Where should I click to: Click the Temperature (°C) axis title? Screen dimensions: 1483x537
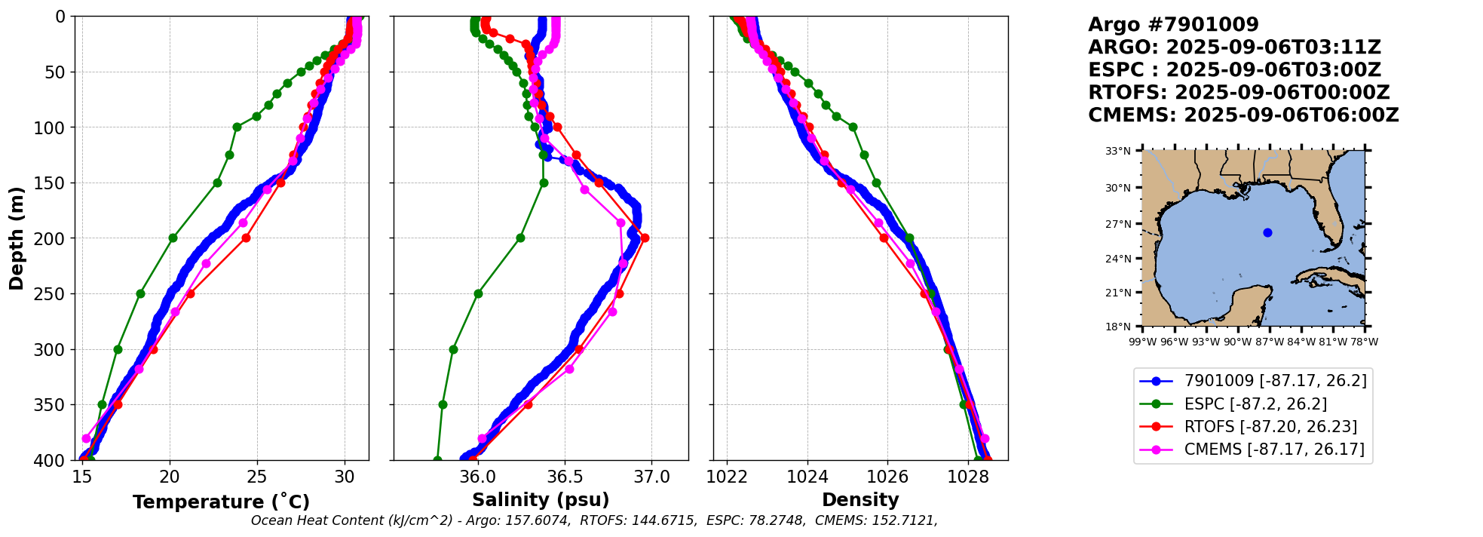(221, 502)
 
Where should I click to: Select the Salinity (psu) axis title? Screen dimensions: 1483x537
(541, 500)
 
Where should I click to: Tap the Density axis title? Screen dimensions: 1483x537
(860, 500)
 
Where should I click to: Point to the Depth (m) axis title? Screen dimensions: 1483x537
(17, 238)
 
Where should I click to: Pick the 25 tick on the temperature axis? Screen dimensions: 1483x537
(257, 477)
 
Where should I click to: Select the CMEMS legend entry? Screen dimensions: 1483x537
(1252, 450)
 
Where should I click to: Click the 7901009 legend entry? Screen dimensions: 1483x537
(1253, 381)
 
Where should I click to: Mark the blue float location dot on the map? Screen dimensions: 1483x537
(1267, 232)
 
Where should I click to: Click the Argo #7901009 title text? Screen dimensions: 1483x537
(1173, 25)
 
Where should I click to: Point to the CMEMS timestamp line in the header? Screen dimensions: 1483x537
(1243, 115)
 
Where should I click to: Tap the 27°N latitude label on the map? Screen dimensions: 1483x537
(1118, 224)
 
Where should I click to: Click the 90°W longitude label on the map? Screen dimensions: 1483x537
(1237, 342)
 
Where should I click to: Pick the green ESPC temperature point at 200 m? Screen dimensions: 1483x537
(173, 238)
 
